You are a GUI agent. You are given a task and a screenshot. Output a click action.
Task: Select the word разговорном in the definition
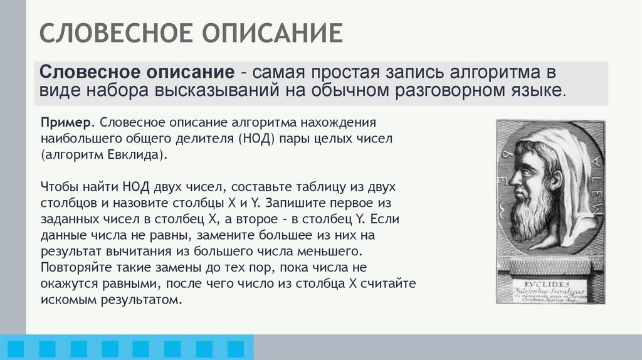pyautogui.click(x=448, y=90)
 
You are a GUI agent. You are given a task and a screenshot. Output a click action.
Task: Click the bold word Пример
pyautogui.click(x=68, y=120)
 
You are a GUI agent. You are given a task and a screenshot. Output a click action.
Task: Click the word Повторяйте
pyautogui.click(x=73, y=268)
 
